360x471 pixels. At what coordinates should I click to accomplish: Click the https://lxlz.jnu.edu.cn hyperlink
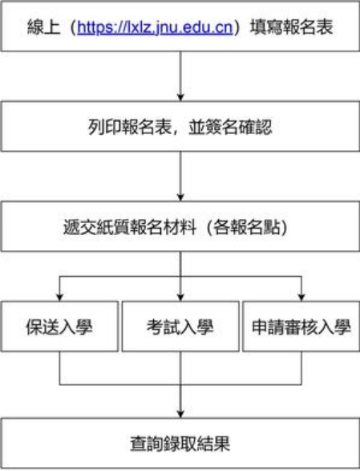155,27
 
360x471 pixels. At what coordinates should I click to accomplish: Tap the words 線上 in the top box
44,27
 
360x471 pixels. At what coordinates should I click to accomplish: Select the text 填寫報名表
292,27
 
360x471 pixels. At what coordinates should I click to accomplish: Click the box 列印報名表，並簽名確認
180,127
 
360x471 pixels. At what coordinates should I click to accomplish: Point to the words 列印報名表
130,127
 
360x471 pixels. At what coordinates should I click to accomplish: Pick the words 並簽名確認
230,127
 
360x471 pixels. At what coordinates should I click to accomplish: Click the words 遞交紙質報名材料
130,227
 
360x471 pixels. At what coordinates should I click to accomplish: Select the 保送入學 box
60,327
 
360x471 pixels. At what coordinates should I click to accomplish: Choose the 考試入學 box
180,327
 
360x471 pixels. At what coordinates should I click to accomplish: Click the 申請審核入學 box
301,327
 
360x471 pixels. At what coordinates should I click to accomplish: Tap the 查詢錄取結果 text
180,444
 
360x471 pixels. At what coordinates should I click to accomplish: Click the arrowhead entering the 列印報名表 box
180,98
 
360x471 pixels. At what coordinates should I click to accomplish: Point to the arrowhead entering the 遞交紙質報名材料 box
180,197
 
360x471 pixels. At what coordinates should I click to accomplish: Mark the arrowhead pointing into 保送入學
60,298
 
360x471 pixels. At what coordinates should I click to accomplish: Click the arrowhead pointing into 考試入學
180,298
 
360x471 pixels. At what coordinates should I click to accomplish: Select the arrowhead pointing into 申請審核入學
301,298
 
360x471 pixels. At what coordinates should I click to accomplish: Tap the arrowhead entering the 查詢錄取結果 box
180,414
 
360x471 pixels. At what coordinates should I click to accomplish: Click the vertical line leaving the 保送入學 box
60,368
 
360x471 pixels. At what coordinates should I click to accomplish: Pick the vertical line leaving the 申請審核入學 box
301,368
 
